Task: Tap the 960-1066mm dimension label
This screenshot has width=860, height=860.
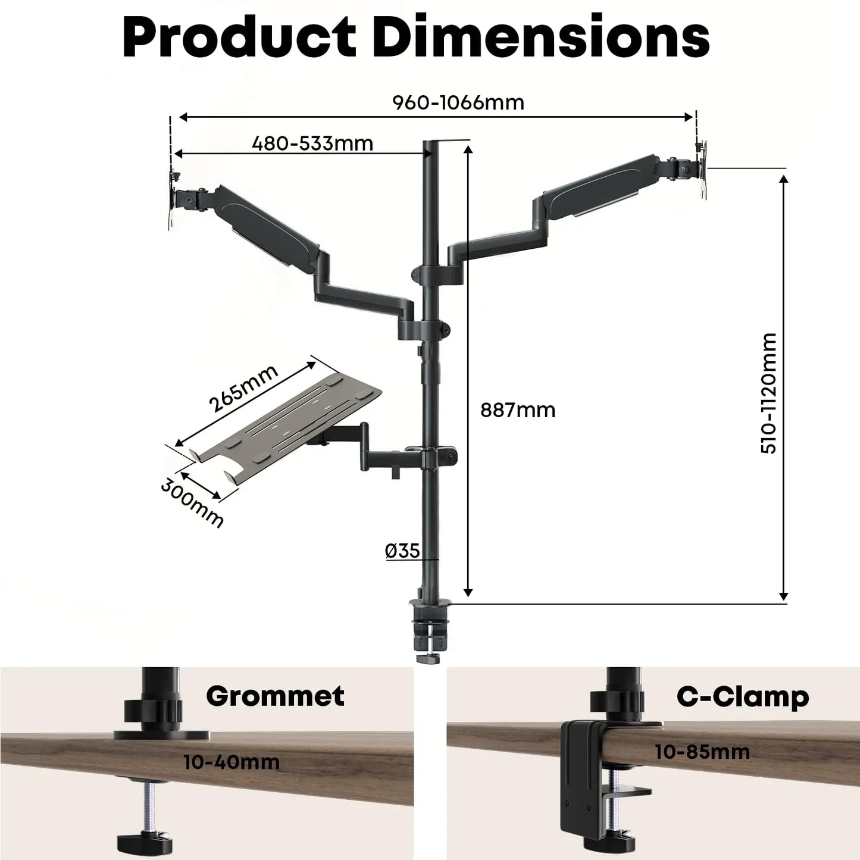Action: point(458,102)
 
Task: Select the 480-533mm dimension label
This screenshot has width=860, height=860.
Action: point(312,143)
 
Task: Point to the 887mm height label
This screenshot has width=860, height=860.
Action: point(518,410)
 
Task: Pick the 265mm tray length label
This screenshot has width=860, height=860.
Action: point(243,389)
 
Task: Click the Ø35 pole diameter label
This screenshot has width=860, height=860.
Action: point(402,551)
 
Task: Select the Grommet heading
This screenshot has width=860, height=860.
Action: point(275,696)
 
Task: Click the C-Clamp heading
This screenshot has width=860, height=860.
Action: point(742,696)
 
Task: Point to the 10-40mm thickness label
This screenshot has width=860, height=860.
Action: point(231,762)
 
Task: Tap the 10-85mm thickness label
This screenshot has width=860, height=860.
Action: point(702,752)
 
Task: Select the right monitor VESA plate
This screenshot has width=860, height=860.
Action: point(702,169)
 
